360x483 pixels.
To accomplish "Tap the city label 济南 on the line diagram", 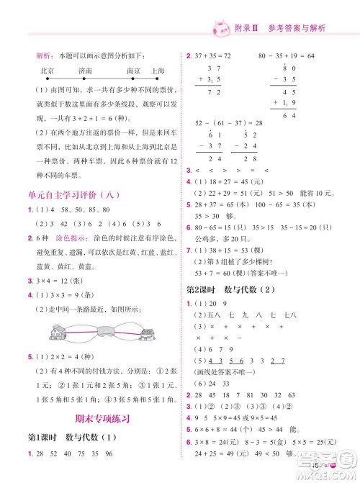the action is [x=86, y=71].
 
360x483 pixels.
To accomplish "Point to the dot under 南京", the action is [x=134, y=78].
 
